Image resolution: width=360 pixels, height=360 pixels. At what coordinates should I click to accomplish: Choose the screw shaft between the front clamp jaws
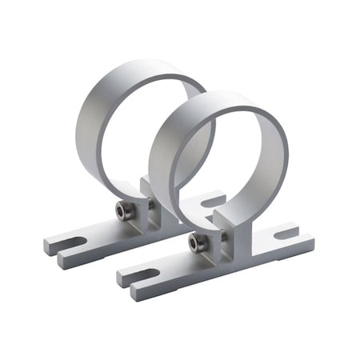(x=206, y=240)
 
